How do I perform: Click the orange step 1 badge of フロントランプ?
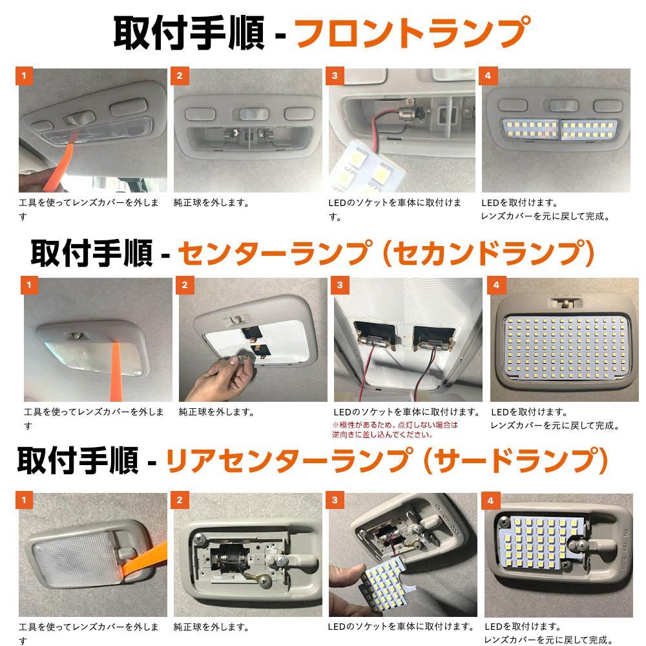(x=24, y=76)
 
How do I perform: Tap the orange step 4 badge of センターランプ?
(x=496, y=285)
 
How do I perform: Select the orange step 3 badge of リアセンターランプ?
(x=335, y=500)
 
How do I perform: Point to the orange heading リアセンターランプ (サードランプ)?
(x=387, y=461)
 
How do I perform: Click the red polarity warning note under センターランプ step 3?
(x=395, y=430)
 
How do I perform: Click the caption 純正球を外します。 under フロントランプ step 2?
(x=211, y=203)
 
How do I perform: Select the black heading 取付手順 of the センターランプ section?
(x=91, y=253)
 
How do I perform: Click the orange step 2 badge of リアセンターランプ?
(x=180, y=500)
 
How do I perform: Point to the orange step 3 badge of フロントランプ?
(x=334, y=76)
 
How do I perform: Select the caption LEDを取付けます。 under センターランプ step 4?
(x=529, y=412)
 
